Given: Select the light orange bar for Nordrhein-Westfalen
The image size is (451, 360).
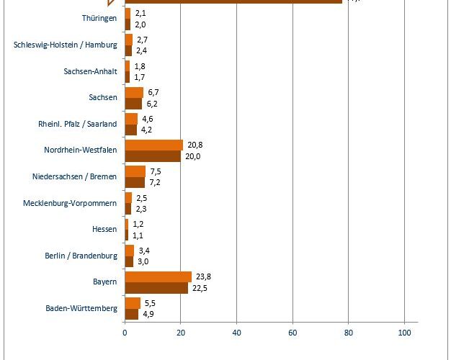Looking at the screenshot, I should [153, 145].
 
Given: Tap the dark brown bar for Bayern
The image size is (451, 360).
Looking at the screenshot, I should [156, 288].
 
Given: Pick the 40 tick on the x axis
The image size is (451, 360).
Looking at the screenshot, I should [236, 333].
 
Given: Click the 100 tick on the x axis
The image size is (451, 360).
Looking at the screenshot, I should [404, 333].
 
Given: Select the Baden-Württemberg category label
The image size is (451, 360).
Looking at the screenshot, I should [81, 308].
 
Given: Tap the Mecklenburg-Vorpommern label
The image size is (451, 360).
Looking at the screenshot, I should [71, 203].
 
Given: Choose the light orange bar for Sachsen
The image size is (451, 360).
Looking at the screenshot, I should [134, 92].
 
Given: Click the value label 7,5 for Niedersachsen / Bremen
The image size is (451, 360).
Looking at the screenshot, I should [154, 171].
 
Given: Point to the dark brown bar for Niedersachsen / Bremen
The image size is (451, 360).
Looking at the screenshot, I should [135, 182].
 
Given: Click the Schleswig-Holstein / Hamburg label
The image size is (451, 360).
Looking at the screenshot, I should [66, 45].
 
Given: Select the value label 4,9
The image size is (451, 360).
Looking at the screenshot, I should [147, 314].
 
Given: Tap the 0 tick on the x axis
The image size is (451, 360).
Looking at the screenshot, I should [125, 333].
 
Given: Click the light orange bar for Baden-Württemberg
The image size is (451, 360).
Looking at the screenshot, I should [133, 302].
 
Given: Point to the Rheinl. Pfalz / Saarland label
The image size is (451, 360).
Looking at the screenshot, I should [77, 124].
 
